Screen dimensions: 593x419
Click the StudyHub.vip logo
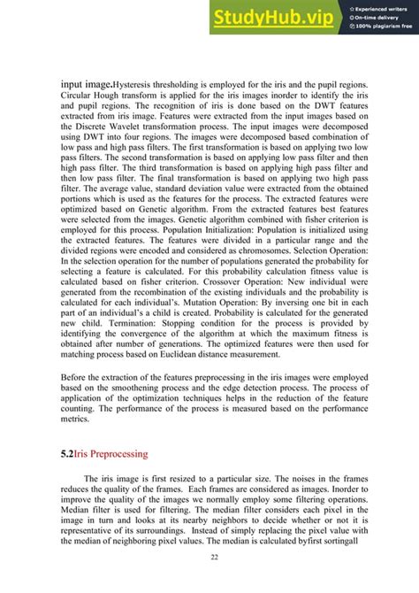coord(273,17)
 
